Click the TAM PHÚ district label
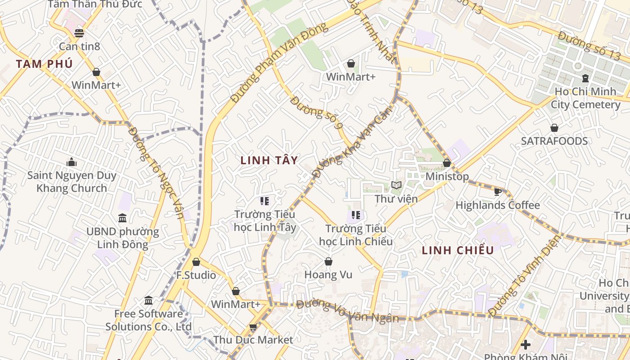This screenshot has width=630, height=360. [44, 64]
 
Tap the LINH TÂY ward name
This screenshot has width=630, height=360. [269, 160]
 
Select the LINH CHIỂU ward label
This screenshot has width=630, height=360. [458, 251]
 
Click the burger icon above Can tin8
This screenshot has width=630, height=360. [79, 33]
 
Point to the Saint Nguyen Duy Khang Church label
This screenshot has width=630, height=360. [72, 182]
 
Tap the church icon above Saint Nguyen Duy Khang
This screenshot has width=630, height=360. [72, 162]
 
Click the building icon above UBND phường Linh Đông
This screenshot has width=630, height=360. [122, 218]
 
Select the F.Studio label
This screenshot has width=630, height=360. [196, 275]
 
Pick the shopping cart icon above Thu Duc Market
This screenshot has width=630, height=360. [253, 327]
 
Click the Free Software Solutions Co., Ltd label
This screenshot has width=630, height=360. [148, 320]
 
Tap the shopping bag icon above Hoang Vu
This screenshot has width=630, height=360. [328, 261]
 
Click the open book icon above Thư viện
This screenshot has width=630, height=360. [396, 185]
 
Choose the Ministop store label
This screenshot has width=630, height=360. [447, 176]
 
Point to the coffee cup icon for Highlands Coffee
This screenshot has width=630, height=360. [497, 192]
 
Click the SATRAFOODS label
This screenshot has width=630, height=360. [554, 141]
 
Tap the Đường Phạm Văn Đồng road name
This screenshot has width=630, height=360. [279, 63]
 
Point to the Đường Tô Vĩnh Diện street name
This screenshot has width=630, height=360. [525, 275]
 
